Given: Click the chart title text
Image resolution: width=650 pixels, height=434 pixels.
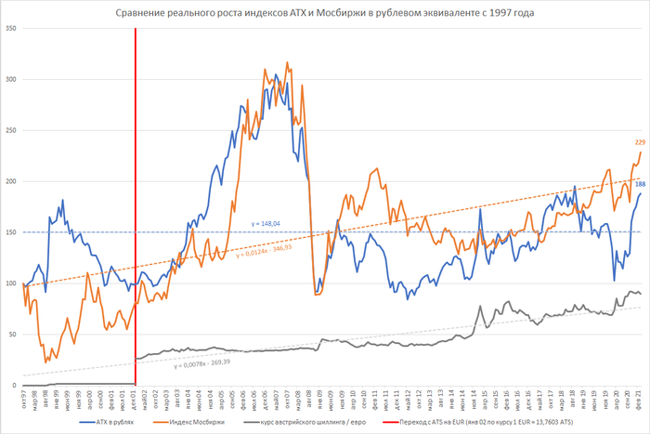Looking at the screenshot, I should pos(325,13).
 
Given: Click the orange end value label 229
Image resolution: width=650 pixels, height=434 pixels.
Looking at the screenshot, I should pos(640,142).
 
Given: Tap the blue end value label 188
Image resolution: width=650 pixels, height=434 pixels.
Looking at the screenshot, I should pos(640,184).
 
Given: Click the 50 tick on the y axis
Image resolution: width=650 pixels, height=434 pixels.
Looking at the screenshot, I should pos(12,334).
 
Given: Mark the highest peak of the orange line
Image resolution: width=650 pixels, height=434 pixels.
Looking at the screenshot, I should pos(287,63).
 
